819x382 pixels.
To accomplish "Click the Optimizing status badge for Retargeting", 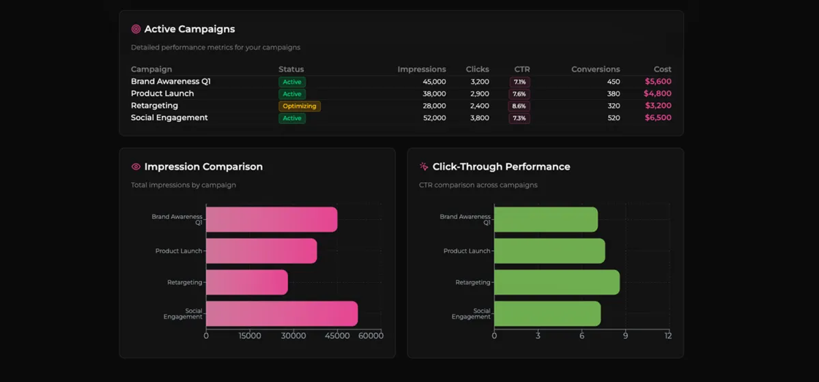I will pos(299,106).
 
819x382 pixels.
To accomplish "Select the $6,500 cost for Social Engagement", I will pos(657,118).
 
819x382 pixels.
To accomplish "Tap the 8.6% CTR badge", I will pos(519,106).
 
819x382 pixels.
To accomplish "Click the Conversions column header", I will pos(595,69).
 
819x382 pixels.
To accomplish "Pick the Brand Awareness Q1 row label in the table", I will pos(171,81).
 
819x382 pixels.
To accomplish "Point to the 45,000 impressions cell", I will pos(431,82).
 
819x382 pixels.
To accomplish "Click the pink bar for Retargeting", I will pos(246,282).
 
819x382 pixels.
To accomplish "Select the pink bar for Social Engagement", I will pos(281,314).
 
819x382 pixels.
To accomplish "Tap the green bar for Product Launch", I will pos(549,251).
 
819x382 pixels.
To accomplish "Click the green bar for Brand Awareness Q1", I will pos(545,220).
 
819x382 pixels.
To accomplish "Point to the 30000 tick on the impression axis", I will pos(293,336).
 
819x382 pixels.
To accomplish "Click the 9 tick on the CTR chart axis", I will pos(625,336).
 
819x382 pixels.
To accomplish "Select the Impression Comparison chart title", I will pos(203,166).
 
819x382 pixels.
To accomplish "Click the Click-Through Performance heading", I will pos(501,166).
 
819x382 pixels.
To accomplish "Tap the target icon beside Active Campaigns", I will pos(136,29).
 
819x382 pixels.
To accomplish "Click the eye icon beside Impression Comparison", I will pos(136,166).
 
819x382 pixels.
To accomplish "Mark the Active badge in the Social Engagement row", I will pos(292,119).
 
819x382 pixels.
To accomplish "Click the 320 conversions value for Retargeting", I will pos(614,106).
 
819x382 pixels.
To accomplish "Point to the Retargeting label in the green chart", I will pos(472,282).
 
